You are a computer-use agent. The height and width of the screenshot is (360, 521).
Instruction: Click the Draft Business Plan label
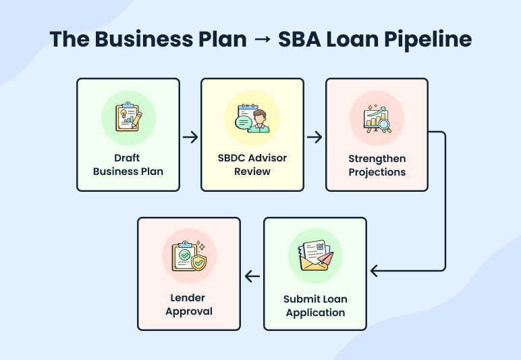coord(128,164)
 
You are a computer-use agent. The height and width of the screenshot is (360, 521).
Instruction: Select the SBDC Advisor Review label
coord(252,164)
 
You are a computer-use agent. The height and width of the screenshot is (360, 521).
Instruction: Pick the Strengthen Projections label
coord(377,165)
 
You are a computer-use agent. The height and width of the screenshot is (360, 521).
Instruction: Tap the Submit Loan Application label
coord(315,305)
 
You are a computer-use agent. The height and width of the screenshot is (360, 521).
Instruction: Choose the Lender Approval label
coord(189,305)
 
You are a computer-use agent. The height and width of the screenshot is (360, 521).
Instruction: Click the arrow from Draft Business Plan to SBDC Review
coord(190,137)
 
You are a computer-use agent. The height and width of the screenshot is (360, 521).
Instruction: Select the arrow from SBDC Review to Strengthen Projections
coord(314,137)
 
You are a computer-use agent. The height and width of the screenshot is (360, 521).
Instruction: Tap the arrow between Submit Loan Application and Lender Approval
coord(252,276)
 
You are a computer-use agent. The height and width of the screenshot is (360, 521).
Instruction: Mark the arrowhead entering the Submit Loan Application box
coord(374,272)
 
